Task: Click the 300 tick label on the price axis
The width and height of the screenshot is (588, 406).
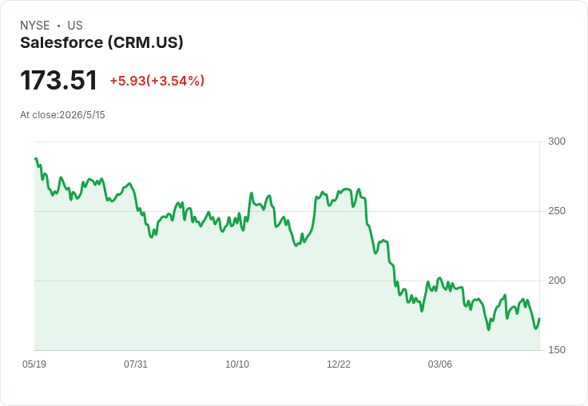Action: coord(557,141)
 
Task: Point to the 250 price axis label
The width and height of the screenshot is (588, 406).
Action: coord(557,211)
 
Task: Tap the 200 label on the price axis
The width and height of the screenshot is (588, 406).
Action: coord(557,281)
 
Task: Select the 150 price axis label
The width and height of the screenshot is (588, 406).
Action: coord(557,350)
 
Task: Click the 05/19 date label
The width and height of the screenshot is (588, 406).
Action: coord(34,364)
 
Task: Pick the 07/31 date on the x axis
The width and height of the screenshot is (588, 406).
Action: coord(136,364)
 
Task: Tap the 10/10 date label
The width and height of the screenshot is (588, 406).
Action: coord(237,364)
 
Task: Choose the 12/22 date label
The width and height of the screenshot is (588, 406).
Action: coord(339,364)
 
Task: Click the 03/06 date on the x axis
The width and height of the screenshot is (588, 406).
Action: coord(440,364)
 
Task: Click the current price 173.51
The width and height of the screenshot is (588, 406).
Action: coord(59,80)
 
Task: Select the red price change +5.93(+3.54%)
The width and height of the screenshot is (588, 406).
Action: coord(157,81)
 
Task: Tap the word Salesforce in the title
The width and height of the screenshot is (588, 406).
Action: coord(62,42)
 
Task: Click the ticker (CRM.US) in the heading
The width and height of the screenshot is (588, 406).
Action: coord(145,43)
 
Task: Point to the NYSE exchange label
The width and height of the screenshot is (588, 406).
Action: coord(35,26)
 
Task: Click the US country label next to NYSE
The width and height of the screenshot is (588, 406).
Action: coord(75,26)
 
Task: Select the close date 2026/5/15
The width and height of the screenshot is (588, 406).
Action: coord(82,115)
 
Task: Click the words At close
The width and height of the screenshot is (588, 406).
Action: coord(38,115)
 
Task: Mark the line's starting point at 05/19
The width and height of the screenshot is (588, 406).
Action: coord(35,159)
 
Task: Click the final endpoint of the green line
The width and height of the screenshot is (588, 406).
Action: coord(539,319)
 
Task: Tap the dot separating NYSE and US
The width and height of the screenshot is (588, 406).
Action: coord(58,26)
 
